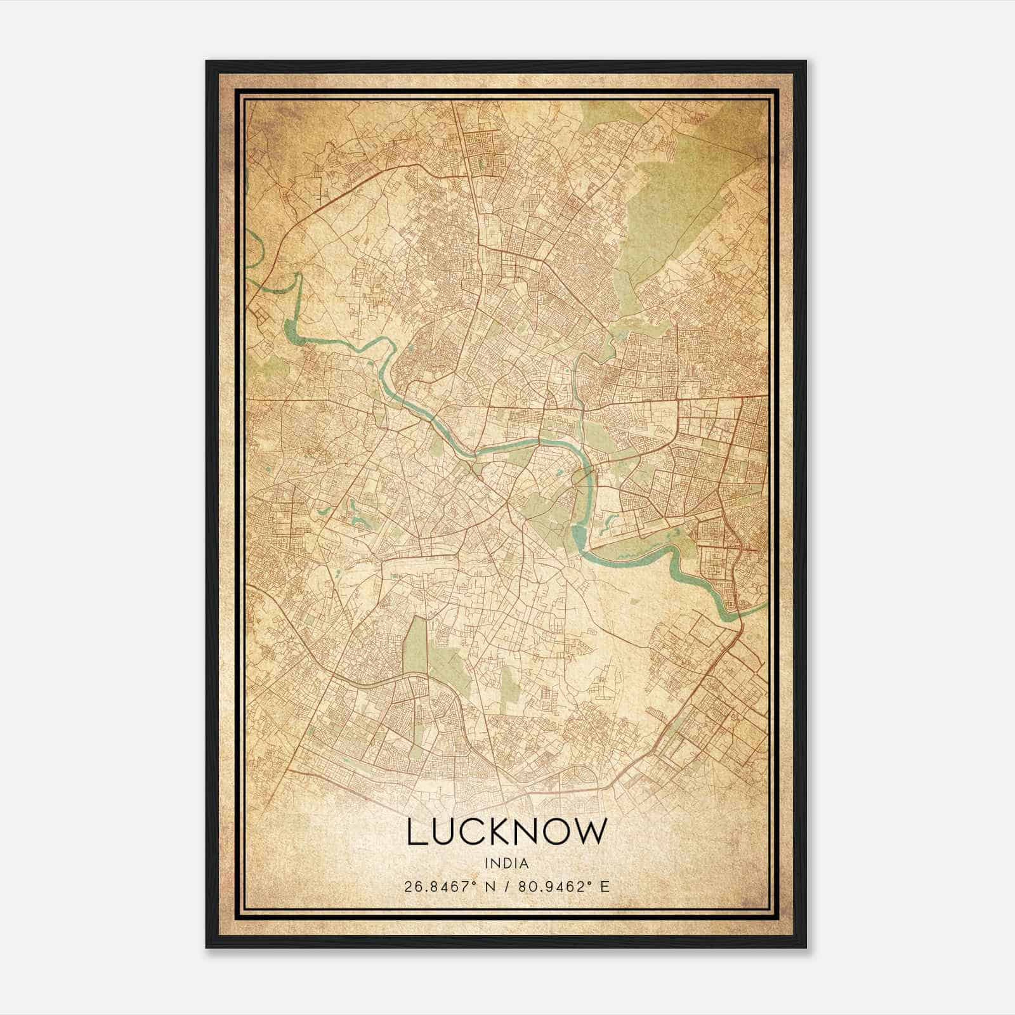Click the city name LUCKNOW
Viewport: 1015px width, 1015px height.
506,832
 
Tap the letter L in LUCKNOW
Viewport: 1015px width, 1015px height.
416,832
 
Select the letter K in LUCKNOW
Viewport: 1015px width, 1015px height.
502,832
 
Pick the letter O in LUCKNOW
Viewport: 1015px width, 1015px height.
558,832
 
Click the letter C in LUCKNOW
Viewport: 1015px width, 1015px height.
474,832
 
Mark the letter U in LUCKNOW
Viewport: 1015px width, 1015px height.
444,832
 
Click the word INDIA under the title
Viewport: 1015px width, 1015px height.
506,863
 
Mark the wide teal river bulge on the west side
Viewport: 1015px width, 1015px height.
292,330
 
